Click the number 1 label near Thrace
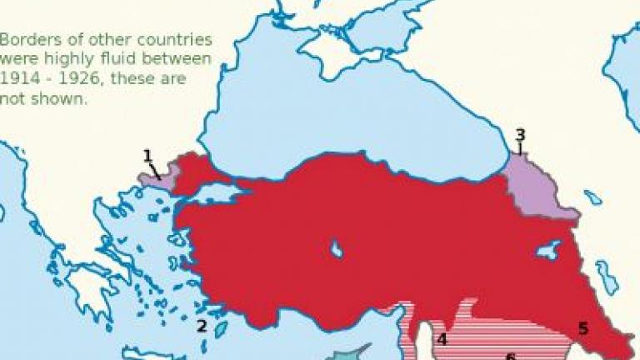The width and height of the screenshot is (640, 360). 147,155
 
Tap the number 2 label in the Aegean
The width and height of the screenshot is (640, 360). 201,326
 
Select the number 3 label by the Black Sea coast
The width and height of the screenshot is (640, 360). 520,135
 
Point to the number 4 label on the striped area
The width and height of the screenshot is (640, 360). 442,339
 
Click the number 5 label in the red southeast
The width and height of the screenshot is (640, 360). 583,328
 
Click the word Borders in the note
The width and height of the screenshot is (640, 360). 27,40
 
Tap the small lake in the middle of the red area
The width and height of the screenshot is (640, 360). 336,248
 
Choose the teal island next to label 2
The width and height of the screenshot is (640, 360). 221,329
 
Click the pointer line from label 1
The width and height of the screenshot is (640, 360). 156,169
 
